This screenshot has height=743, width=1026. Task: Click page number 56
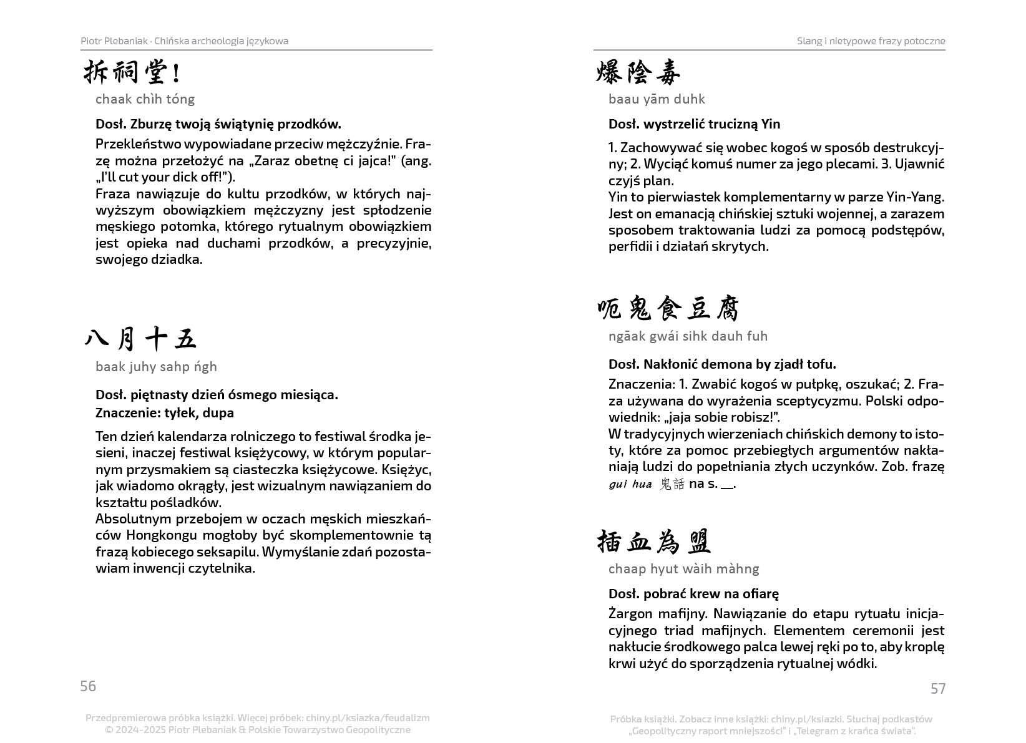click(x=88, y=686)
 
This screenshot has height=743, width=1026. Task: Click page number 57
click(x=938, y=688)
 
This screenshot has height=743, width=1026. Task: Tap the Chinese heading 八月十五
click(x=140, y=339)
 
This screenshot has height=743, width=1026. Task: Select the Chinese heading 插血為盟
click(x=654, y=541)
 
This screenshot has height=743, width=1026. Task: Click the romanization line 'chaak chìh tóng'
click(x=145, y=99)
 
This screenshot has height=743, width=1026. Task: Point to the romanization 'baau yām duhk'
click(x=657, y=99)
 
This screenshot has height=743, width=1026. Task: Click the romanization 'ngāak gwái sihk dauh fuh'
click(x=688, y=336)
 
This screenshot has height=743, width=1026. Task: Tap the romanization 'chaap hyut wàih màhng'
click(x=683, y=569)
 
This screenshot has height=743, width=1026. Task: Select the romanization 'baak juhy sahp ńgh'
click(x=156, y=367)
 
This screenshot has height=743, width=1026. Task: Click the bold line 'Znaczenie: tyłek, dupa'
click(x=165, y=413)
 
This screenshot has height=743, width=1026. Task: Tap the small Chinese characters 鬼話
click(x=672, y=484)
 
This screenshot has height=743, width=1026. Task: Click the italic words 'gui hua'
click(x=630, y=484)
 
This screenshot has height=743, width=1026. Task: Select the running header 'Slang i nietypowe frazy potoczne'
click(x=871, y=41)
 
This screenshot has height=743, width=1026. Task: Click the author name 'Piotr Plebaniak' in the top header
click(x=114, y=41)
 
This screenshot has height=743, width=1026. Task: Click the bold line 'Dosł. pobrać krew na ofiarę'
click(x=693, y=594)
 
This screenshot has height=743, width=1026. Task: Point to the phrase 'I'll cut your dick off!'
click(x=165, y=177)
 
